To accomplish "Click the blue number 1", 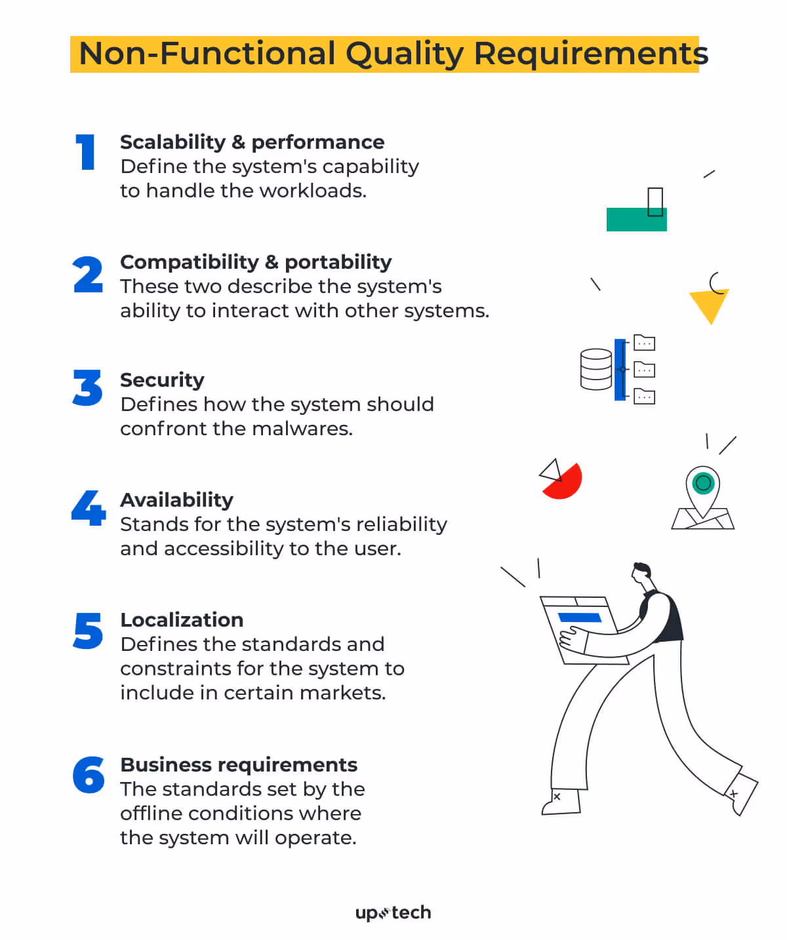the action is point(86,152).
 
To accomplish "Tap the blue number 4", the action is point(89,508).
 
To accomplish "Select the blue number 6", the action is point(89,775).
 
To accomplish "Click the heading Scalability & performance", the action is point(252,142).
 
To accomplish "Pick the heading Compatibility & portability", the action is point(256,262).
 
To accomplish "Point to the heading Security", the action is point(162,380).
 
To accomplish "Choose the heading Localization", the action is point(182,620).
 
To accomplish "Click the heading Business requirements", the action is point(239,765).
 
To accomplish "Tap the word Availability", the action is point(176,500).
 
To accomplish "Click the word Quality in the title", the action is point(405,54).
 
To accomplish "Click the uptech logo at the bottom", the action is point(393,913).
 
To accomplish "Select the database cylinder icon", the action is point(596,370).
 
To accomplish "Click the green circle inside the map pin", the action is point(703,484).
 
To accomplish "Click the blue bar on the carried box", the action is point(579,617).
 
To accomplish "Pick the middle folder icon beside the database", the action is point(645,370).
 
